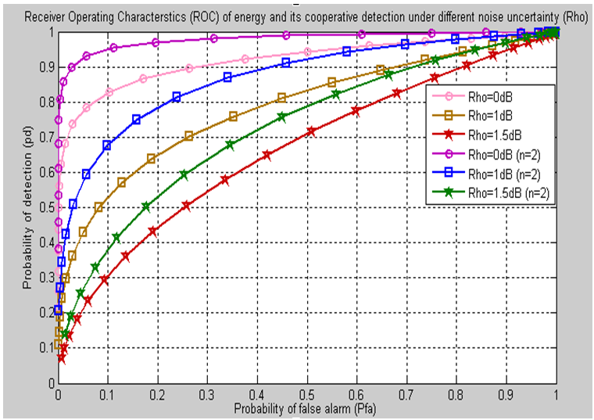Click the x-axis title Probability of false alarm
[307, 407]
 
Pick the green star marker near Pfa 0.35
[230, 145]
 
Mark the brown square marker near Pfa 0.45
[282, 98]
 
